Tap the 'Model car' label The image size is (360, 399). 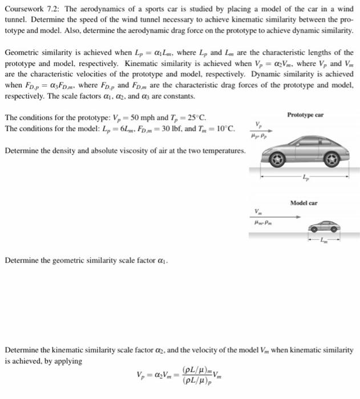coord(304,203)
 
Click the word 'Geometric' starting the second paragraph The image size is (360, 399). coord(22,52)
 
